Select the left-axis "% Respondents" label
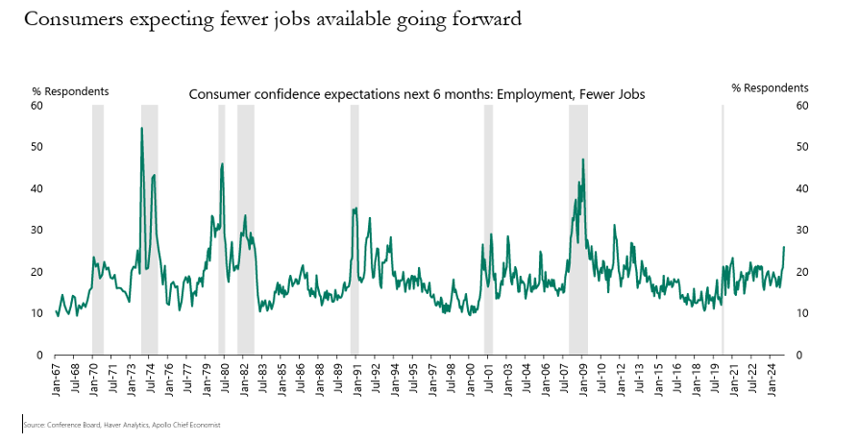[x=70, y=91]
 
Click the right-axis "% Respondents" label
[x=771, y=87]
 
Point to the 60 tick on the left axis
[x=37, y=105]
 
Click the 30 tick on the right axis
[x=801, y=231]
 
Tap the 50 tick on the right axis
[x=801, y=147]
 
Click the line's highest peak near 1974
[x=142, y=128]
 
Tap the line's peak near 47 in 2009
[x=582, y=160]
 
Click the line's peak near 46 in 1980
[x=222, y=163]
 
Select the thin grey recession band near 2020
[x=723, y=231]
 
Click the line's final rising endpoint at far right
[x=784, y=247]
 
